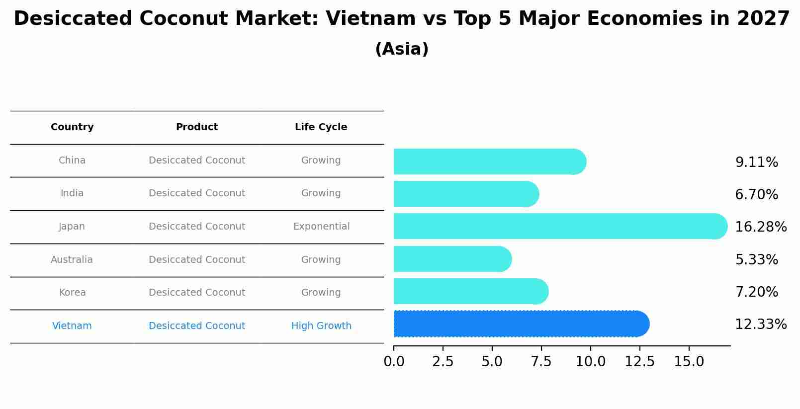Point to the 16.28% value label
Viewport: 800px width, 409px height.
pyautogui.click(x=760, y=227)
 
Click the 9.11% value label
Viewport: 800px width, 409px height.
pyautogui.click(x=756, y=163)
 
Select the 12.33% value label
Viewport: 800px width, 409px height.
pyautogui.click(x=760, y=325)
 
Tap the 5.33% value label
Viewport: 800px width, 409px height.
pyautogui.click(x=756, y=259)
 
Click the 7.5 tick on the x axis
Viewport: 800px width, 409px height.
pyautogui.click(x=541, y=362)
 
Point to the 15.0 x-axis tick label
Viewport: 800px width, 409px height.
pyautogui.click(x=689, y=362)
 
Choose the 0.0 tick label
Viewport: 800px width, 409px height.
pyautogui.click(x=394, y=362)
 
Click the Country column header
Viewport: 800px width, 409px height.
pyautogui.click(x=72, y=127)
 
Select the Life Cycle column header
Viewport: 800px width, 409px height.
pyautogui.click(x=321, y=127)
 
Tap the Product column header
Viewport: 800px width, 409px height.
pyautogui.click(x=197, y=127)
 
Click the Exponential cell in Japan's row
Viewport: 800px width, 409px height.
pyautogui.click(x=321, y=227)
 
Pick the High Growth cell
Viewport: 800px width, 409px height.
pyautogui.click(x=321, y=326)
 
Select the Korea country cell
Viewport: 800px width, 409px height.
pyautogui.click(x=72, y=293)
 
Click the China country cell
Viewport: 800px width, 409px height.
pyautogui.click(x=72, y=161)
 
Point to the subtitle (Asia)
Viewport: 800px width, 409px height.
pyautogui.click(x=402, y=49)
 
